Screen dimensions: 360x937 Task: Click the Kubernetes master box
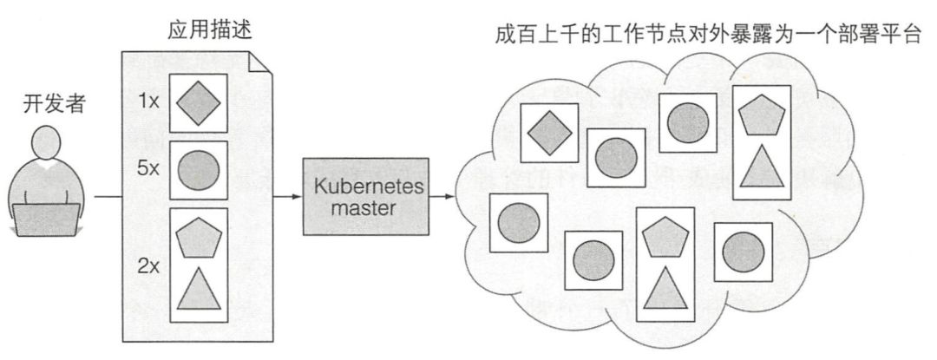tap(367, 197)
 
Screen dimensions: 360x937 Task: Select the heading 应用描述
tap(199, 31)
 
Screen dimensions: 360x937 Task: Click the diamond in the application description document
tap(200, 102)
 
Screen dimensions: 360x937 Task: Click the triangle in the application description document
tap(200, 290)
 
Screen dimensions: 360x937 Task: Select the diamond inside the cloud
tap(549, 131)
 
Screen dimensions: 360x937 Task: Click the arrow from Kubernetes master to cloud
tap(443, 196)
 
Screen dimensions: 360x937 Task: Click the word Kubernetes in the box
tap(367, 187)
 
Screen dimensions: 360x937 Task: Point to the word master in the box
tap(367, 208)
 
